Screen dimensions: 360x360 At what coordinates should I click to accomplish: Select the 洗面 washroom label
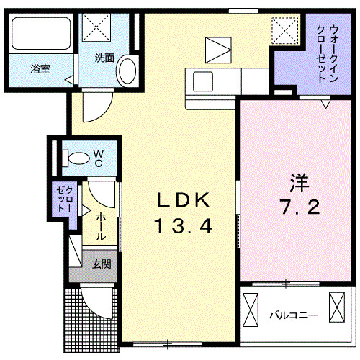(x=104, y=58)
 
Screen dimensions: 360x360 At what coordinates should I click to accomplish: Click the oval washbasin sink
(x=127, y=72)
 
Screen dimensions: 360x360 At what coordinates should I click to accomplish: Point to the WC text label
(x=98, y=158)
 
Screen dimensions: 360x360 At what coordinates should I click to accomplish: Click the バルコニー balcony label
(x=293, y=315)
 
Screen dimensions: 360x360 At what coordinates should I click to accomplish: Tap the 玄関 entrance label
(x=101, y=264)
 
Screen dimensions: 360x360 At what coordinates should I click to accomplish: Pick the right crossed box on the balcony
(x=336, y=307)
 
